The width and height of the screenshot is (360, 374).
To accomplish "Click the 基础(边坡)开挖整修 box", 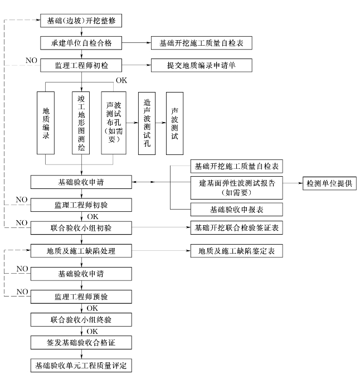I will (x=81, y=21).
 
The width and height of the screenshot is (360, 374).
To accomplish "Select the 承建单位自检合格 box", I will (x=81, y=43).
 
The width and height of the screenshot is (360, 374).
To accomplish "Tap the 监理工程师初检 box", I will (x=81, y=66).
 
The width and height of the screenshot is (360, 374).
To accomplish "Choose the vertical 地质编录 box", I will (x=46, y=123).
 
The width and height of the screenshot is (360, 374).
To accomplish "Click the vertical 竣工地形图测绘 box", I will (x=81, y=123).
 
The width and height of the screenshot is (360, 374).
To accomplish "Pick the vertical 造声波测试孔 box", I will (x=146, y=123).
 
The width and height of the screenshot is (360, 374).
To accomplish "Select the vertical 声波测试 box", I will (x=174, y=123).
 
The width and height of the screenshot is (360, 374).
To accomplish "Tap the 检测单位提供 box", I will (x=329, y=183).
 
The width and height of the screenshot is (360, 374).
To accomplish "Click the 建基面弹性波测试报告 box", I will (x=236, y=186).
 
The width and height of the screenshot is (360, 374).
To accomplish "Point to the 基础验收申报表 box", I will (x=236, y=210).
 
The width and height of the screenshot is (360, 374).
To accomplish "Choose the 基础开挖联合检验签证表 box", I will (x=236, y=228).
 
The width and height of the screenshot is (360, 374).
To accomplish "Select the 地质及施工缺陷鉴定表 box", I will (x=236, y=251).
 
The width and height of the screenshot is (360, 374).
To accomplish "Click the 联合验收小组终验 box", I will (x=81, y=320).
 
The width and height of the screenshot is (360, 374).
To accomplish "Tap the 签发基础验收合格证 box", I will (x=81, y=343).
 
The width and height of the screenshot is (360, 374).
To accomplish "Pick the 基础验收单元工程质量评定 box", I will (x=81, y=366).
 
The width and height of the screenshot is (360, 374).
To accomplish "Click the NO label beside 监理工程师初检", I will (x=31, y=59).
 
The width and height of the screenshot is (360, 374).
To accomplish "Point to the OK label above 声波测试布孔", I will (x=121, y=80).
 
